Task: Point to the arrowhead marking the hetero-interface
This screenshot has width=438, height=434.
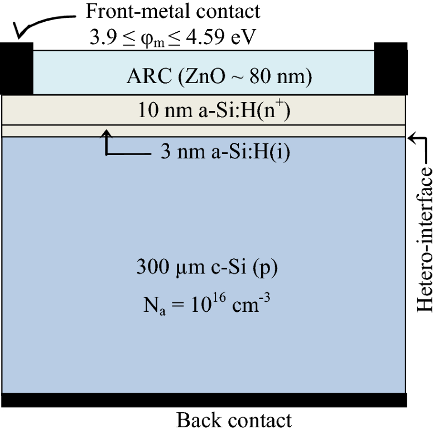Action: point(411,136)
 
